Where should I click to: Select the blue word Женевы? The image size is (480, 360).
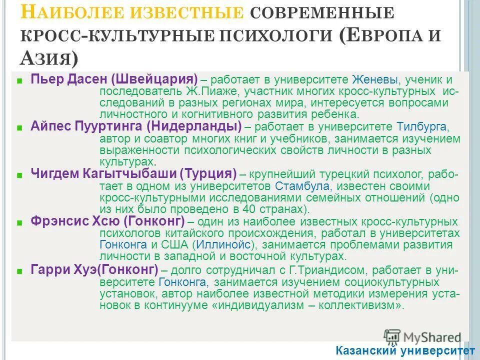coord(375,80)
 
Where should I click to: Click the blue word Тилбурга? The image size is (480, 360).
coord(419,126)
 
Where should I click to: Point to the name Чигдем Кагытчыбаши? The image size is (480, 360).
coord(104,174)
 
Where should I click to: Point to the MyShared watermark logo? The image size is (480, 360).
coord(422,336)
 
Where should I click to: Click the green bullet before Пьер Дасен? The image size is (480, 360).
coord(19,80)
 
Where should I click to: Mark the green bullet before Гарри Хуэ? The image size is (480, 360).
coord(19,271)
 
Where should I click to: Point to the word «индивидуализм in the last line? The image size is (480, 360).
coord(257,305)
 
